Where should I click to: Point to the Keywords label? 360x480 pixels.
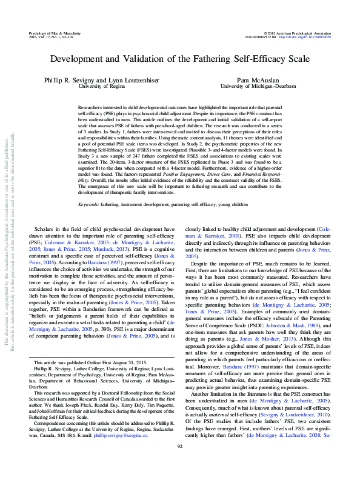click(x=91, y=205)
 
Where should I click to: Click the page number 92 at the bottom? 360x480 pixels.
click(x=179, y=463)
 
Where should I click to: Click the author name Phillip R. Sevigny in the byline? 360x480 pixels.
click(x=67, y=80)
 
